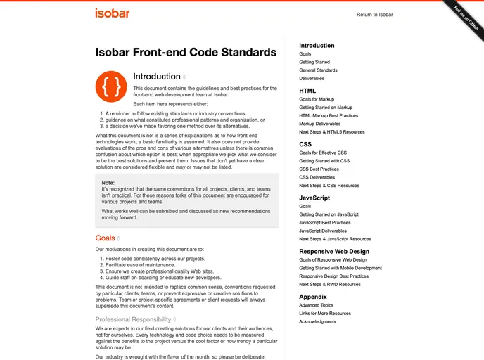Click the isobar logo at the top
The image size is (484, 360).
point(111,13)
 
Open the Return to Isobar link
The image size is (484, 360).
point(374,14)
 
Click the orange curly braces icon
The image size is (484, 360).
point(111,86)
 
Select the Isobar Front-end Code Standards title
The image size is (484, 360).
point(186,52)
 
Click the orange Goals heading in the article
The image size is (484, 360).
point(106,238)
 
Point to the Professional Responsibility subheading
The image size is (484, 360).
point(134,319)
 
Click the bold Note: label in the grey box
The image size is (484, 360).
point(108,182)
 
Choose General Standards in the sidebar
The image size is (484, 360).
point(318,70)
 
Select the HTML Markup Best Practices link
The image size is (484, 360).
point(328,115)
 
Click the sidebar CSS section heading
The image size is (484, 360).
point(305,144)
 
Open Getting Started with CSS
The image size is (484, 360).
point(324,161)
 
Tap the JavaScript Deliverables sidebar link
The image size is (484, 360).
point(322,231)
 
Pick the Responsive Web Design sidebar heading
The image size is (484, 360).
point(333,251)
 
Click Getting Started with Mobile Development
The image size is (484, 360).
point(340,268)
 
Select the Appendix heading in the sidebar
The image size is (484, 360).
point(312,297)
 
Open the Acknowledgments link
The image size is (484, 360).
point(318,321)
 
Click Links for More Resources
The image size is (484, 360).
point(324,314)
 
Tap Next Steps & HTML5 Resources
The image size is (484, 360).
point(331,132)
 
